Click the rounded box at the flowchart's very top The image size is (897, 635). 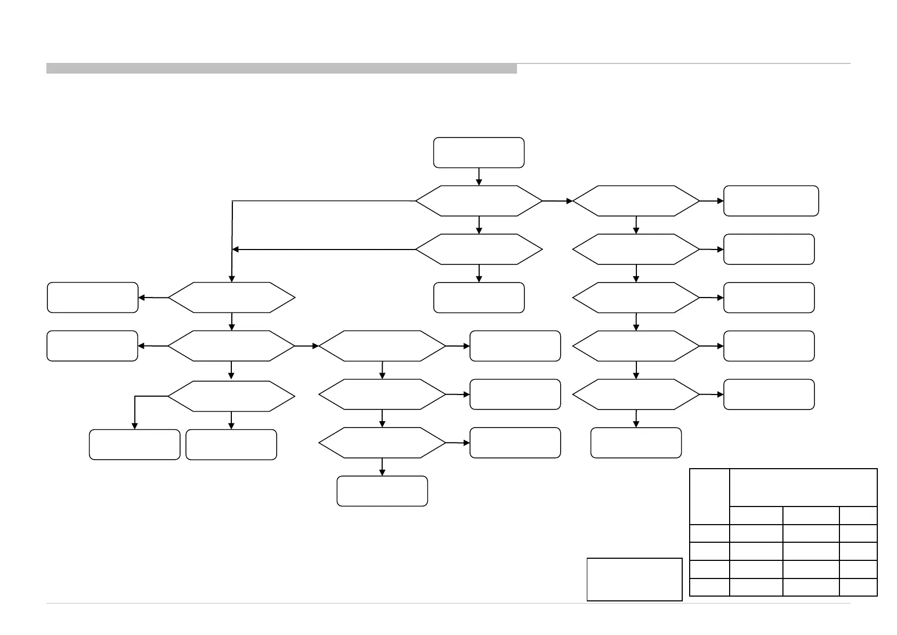click(479, 152)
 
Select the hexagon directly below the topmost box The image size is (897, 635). click(479, 201)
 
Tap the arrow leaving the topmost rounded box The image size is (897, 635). click(479, 176)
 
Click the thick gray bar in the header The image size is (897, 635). click(281, 68)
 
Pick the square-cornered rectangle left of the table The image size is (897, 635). click(634, 579)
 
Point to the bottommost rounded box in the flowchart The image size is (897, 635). click(382, 491)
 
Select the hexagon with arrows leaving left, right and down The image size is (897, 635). click(231, 346)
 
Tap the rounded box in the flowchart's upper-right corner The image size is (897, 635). click(771, 201)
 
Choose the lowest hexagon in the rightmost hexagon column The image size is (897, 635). click(636, 395)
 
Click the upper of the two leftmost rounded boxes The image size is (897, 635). click(92, 298)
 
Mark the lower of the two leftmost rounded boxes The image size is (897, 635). click(92, 346)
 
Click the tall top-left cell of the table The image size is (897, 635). click(709, 496)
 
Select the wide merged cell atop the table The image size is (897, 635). click(803, 487)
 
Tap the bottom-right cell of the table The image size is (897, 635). click(858, 586)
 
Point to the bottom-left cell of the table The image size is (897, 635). click(709, 586)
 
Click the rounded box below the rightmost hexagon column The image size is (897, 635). click(636, 443)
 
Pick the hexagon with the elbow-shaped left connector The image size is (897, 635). click(231, 396)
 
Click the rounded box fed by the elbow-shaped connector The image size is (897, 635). click(134, 444)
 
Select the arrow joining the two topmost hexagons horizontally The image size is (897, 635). click(557, 201)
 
